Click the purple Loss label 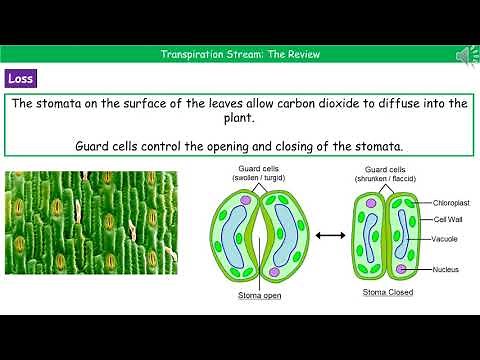pos(22,78)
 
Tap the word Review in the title pos(303,54)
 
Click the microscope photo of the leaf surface pos(91,236)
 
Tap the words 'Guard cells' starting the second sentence pos(113,146)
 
